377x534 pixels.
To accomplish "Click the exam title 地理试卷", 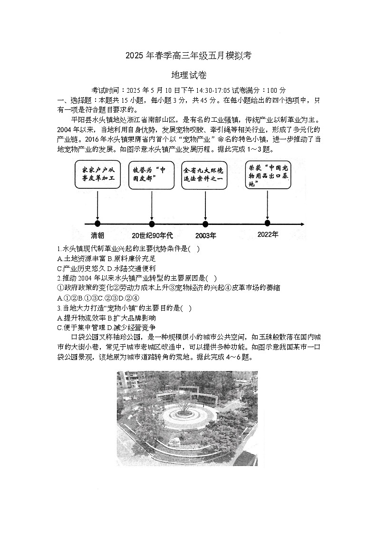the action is [x=188, y=76].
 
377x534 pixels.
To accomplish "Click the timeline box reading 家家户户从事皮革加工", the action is [x=97, y=175].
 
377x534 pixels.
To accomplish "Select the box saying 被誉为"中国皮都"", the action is [x=152, y=175].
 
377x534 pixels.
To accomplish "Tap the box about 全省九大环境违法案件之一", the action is [x=205, y=175].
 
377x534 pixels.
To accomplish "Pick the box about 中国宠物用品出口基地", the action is [x=268, y=175].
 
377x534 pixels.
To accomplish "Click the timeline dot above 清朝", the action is [x=97, y=224].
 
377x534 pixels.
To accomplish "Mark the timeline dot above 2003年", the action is [x=205, y=224].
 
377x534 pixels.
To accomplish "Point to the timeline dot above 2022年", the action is [x=268, y=223].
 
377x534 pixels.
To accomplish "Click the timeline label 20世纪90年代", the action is [x=152, y=235].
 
